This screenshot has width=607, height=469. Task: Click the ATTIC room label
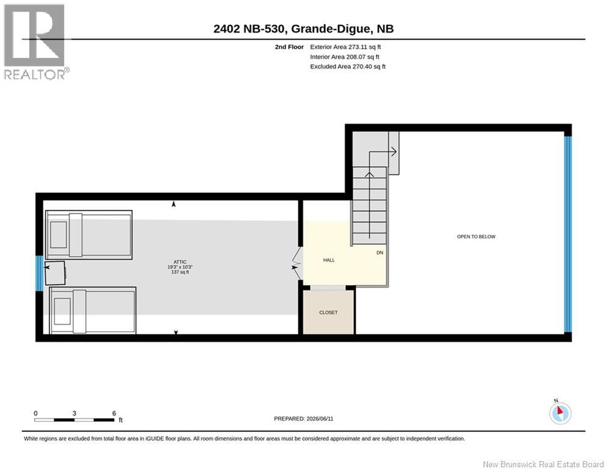[x=180, y=262]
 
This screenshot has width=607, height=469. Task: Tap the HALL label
[x=329, y=260]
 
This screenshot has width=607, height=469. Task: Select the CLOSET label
[x=328, y=313]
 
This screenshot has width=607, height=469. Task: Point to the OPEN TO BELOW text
[x=476, y=236]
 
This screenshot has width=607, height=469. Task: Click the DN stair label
[x=380, y=253]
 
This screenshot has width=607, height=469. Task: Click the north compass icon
[x=560, y=412]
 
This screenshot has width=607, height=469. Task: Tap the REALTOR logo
[x=35, y=42]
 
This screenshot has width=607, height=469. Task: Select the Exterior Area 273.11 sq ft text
[x=345, y=47]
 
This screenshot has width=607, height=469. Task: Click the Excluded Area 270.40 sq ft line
[x=348, y=67]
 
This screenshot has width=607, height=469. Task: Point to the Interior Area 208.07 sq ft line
[x=345, y=57]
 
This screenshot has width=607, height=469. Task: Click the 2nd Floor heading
[x=289, y=47]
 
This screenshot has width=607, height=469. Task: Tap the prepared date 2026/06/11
[x=320, y=418]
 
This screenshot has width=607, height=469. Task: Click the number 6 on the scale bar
[x=114, y=413]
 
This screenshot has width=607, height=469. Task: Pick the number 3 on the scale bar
[x=74, y=413]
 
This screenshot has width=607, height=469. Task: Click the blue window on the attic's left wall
[x=39, y=273]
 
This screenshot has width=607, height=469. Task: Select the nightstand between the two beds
[x=55, y=273]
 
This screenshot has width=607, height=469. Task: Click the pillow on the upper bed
[x=59, y=234]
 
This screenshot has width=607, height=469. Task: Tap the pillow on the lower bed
[x=62, y=311]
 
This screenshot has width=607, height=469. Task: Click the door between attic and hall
[x=297, y=264]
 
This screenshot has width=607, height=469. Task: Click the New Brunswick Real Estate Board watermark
[x=543, y=464]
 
